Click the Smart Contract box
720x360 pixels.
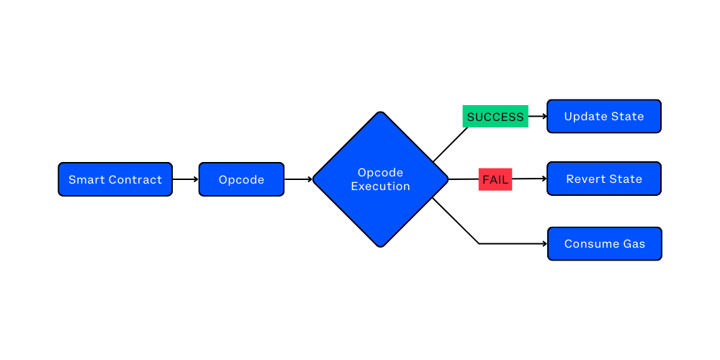(x=115, y=179)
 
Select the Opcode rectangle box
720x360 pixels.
(x=241, y=179)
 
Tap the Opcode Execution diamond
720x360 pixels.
(x=380, y=179)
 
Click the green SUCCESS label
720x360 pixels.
(x=495, y=117)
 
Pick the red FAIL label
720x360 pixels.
(x=495, y=179)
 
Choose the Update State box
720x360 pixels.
(x=603, y=117)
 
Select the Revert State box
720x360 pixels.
(x=603, y=179)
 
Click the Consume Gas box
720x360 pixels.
(x=604, y=244)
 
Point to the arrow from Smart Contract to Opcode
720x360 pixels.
(x=186, y=179)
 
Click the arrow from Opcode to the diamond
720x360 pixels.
(x=298, y=179)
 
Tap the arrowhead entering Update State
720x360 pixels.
(x=544, y=116)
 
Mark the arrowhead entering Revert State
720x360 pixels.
(x=544, y=179)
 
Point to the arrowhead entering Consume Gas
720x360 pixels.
(x=544, y=244)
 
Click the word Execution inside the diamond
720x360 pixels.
(x=380, y=186)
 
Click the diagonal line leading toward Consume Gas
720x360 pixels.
(x=456, y=221)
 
